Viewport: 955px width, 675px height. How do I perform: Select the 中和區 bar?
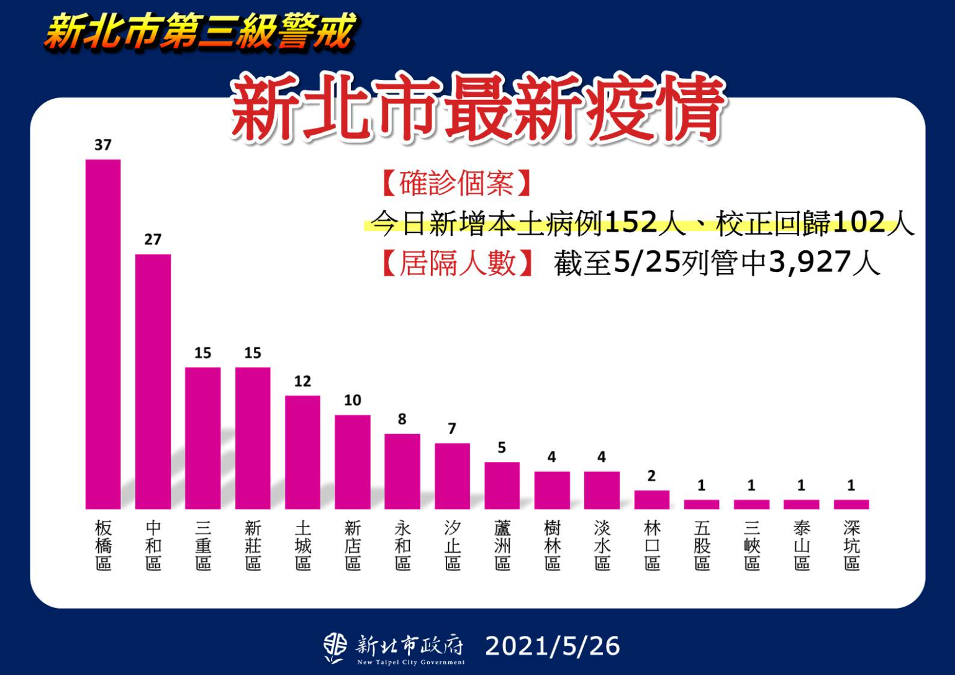coord(153,381)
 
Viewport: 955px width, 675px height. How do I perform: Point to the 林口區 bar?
coord(651,499)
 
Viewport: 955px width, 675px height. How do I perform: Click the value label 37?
coord(103,145)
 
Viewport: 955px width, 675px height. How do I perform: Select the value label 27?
coord(153,240)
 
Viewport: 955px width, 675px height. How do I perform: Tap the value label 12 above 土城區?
coord(302,381)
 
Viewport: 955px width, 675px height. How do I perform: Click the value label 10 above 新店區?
coord(352,401)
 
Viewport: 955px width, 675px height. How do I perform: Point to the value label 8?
coord(402,419)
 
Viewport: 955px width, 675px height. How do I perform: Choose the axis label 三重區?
coord(203,545)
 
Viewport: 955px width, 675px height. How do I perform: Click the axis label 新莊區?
coord(253,545)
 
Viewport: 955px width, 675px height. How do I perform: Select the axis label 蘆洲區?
coord(502,545)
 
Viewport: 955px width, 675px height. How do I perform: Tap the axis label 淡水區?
coord(602,545)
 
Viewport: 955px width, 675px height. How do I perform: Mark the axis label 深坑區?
coord(851,545)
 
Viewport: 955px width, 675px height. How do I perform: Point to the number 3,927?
coord(809,263)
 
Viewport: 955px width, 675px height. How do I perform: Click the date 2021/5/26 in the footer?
coord(552,646)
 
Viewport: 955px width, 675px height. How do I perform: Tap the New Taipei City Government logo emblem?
coord(335,647)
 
